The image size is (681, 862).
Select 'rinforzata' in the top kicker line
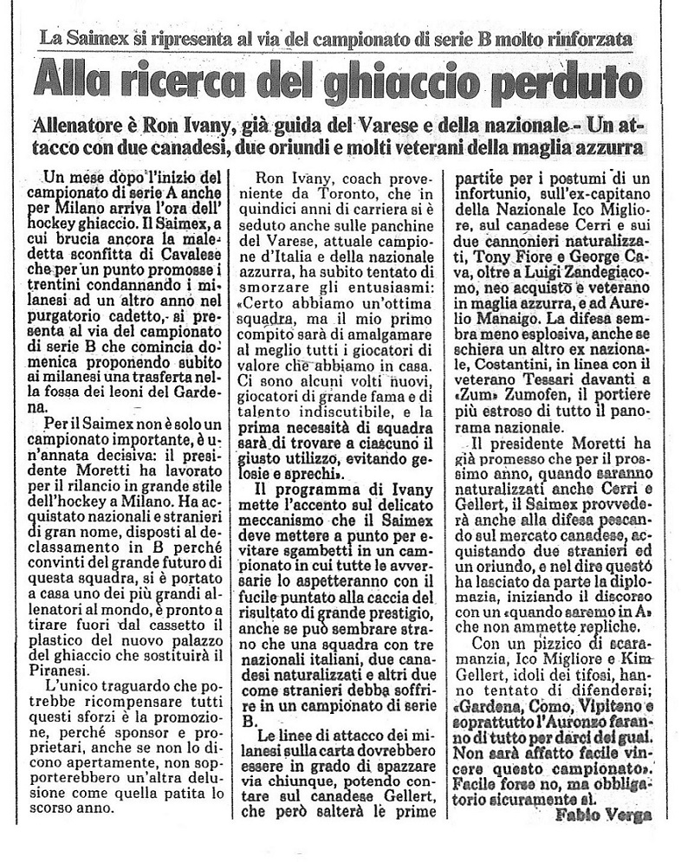pyautogui.click(x=587, y=40)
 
